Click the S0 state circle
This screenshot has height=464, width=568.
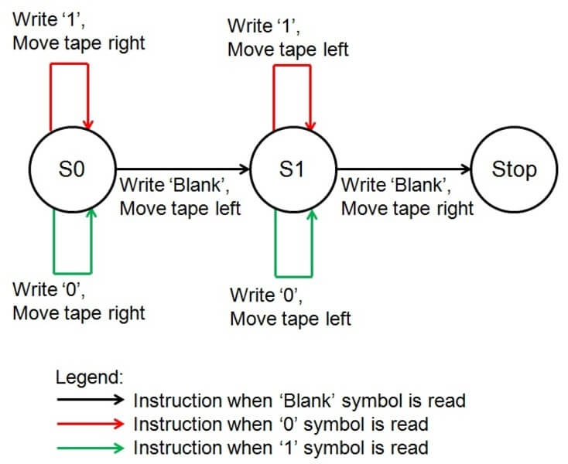pyautogui.click(x=71, y=169)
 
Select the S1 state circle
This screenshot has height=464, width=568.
pyautogui.click(x=292, y=169)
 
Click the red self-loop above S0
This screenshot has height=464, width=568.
pyautogui.click(x=70, y=65)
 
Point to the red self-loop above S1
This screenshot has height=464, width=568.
pyautogui.click(x=292, y=67)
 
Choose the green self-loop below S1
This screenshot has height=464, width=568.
pyautogui.click(x=294, y=275)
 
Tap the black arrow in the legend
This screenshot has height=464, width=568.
pyautogui.click(x=90, y=400)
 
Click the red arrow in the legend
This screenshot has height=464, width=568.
pyautogui.click(x=90, y=424)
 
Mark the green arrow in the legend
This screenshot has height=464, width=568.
pyautogui.click(x=90, y=447)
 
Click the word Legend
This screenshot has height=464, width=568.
pyautogui.click(x=90, y=378)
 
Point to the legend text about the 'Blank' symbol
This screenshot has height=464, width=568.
pyautogui.click(x=299, y=401)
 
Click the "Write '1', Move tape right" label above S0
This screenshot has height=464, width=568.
pyautogui.click(x=78, y=32)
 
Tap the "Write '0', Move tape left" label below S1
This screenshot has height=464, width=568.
pyautogui.click(x=290, y=306)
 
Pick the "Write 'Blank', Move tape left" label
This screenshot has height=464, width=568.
pyautogui.click(x=180, y=196)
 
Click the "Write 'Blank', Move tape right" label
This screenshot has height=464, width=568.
pyautogui.click(x=407, y=196)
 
